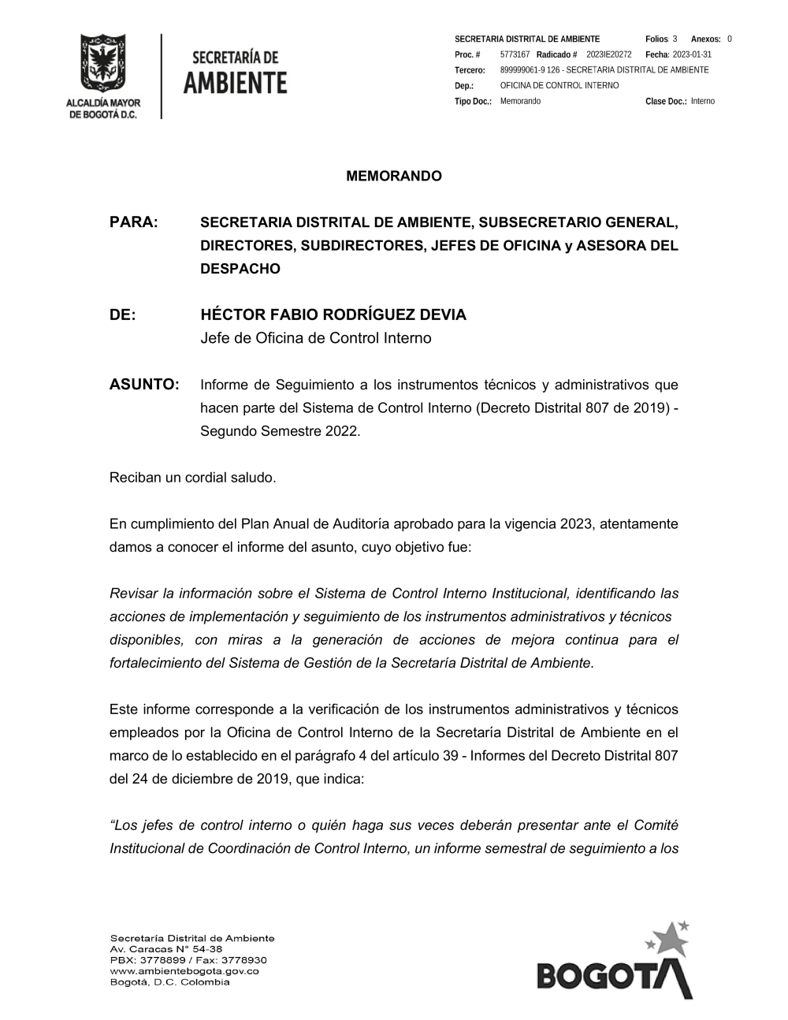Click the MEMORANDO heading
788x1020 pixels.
(x=394, y=176)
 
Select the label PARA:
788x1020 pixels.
(x=134, y=222)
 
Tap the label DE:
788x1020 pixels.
(x=123, y=315)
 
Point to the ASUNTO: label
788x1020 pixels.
(x=144, y=385)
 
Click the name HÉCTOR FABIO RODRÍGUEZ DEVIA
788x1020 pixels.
(x=333, y=315)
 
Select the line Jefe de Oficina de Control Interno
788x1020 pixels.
(x=316, y=338)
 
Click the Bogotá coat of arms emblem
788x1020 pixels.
(x=103, y=64)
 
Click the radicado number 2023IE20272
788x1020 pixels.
(x=609, y=54)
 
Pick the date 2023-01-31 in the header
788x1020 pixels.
(x=692, y=54)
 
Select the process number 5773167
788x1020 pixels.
(x=515, y=54)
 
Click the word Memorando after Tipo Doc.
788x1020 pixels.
(x=520, y=101)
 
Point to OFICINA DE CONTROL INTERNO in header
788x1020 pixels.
(x=559, y=85)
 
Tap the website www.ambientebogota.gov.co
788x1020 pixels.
(x=184, y=971)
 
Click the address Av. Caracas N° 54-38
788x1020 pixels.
(x=166, y=949)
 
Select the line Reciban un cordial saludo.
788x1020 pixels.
(x=193, y=478)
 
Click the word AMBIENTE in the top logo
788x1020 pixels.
(x=236, y=82)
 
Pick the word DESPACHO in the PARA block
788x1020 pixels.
(x=240, y=269)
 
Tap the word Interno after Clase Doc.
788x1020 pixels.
(x=703, y=101)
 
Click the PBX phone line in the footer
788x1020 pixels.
(x=188, y=960)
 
